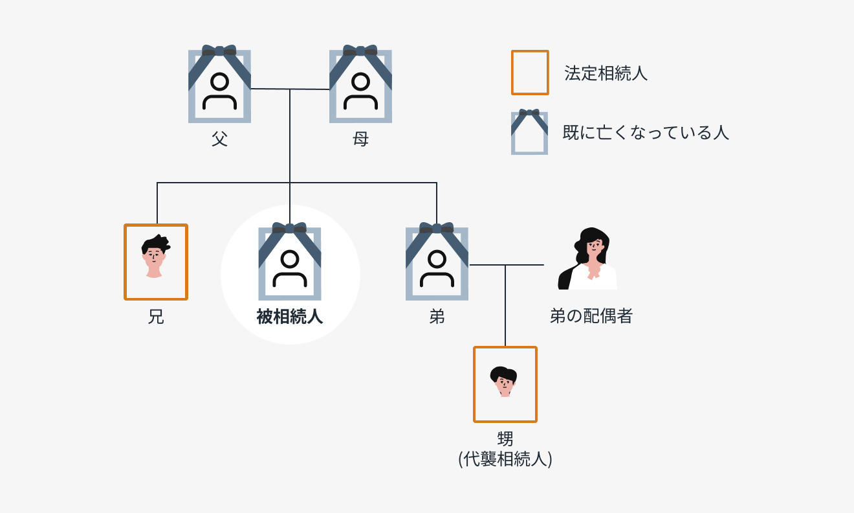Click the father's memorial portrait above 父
pos(219,86)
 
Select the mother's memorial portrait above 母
pos(360,86)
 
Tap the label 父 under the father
pos(219,139)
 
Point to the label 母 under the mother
pos(360,139)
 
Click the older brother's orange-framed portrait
pos(155,262)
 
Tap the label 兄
pos(155,317)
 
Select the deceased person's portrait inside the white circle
pos(290,264)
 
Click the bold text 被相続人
pos(290,317)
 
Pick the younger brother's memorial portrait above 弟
pos(437,264)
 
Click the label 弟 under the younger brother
pos(437,317)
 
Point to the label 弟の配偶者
pos(591,316)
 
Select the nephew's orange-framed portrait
pos(505,384)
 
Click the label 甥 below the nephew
pos(505,439)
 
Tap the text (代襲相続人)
pos(505,459)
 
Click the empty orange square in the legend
pos(529,73)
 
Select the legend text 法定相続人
pos(606,73)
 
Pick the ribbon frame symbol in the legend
pos(529,133)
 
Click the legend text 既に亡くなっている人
pos(646,133)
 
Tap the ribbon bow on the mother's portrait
pos(360,51)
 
